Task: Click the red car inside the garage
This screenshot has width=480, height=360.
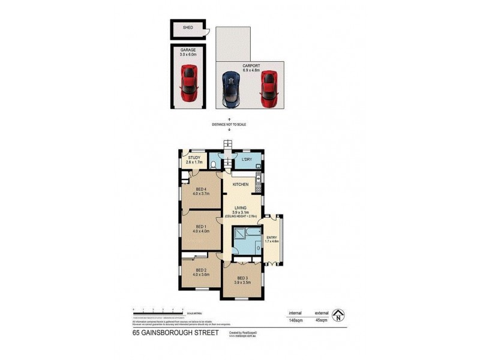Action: (x=189, y=83)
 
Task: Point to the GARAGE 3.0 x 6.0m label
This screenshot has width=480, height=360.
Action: (x=188, y=53)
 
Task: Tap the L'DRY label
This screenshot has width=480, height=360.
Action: (x=246, y=160)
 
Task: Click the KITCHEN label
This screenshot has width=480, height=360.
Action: (x=241, y=184)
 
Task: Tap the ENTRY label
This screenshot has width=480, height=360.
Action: (x=272, y=238)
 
